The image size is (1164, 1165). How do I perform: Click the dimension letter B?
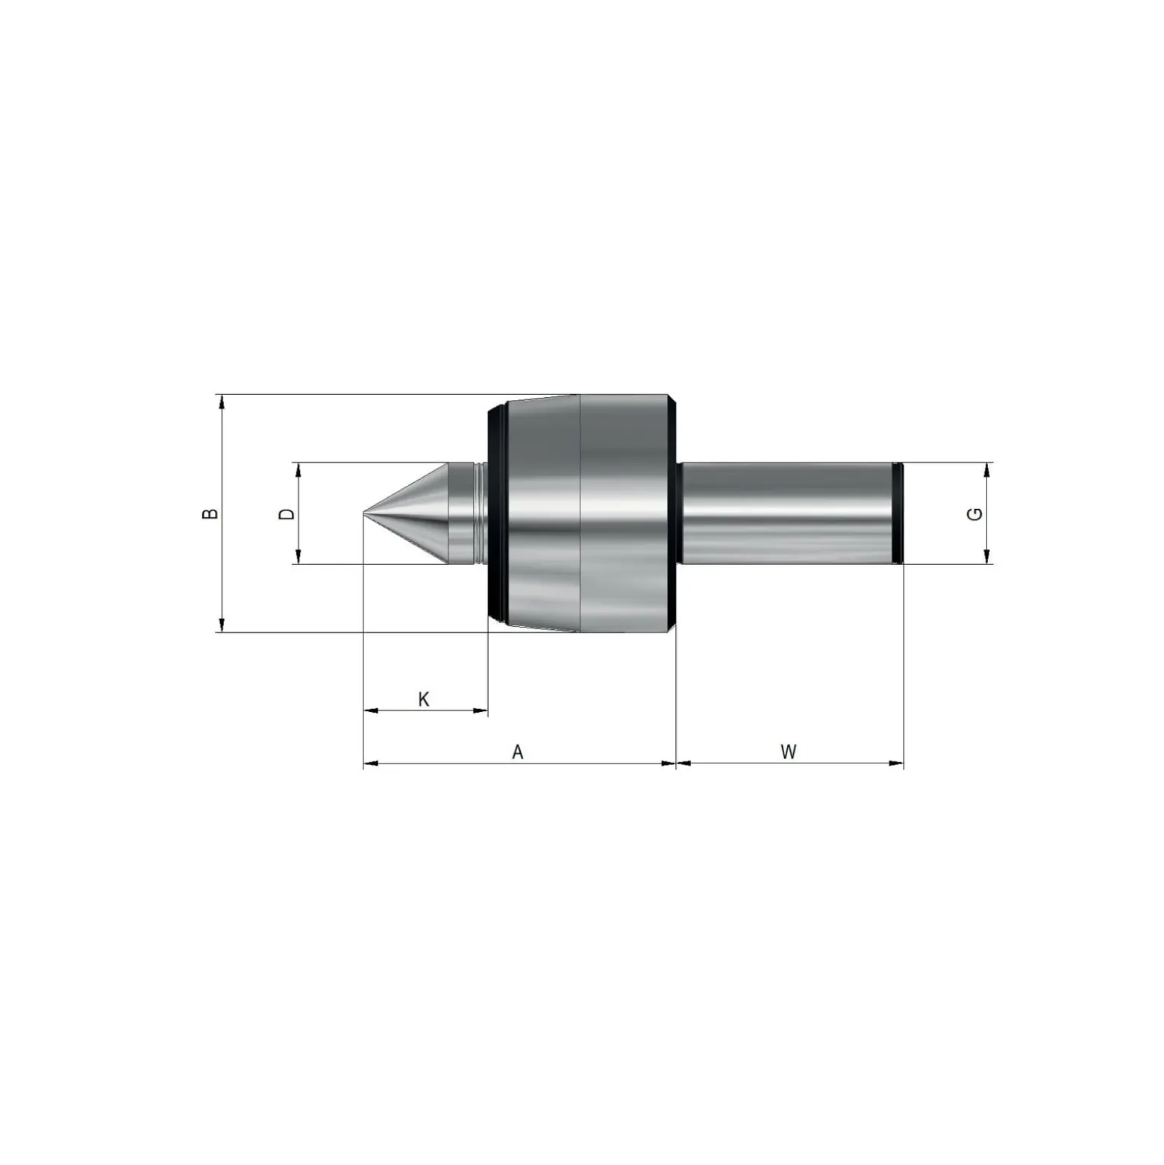point(212,513)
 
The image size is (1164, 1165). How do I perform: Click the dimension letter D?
point(287,513)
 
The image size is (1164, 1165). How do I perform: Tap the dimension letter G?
point(974,513)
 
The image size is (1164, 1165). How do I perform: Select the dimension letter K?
point(424,699)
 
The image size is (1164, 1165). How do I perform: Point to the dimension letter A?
point(518,752)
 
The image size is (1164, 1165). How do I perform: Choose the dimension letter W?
point(789,752)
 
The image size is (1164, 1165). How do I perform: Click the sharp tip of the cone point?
point(363,513)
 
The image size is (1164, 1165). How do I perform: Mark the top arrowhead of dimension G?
point(987,469)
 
